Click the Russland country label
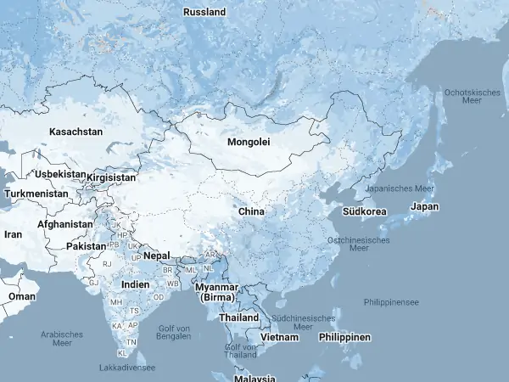point(204,12)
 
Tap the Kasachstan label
point(76,132)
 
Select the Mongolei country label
point(249,142)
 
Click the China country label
point(251,211)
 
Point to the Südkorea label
point(366,211)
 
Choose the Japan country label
point(424,206)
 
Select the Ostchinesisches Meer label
point(359,244)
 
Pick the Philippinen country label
point(344,337)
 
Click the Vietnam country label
point(280,337)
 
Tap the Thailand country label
point(238,317)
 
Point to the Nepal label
point(156,256)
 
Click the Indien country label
point(136,284)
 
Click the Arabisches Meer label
point(62,339)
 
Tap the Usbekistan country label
point(60,174)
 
